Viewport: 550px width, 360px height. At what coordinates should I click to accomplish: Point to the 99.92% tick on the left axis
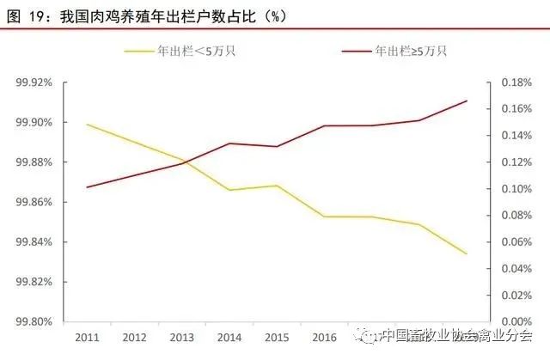(x=35, y=82)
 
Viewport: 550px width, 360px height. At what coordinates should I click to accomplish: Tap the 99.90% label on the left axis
(x=35, y=122)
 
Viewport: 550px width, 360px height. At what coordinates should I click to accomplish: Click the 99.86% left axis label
(x=35, y=202)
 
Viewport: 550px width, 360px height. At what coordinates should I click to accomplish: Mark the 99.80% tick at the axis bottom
(x=35, y=321)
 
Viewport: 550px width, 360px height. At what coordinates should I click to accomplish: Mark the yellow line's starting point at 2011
(x=88, y=125)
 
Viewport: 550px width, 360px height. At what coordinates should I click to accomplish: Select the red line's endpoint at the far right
(x=467, y=101)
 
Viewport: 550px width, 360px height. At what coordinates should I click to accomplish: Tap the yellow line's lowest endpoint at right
(x=467, y=253)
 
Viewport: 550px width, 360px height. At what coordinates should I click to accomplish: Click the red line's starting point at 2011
(x=88, y=187)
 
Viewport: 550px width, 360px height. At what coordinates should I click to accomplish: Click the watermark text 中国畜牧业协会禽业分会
(x=455, y=336)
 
